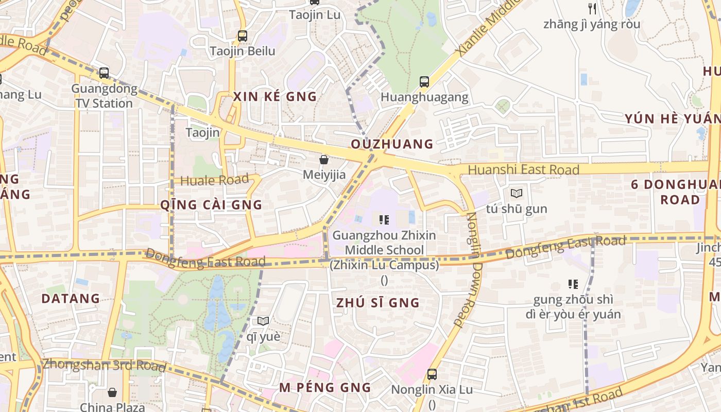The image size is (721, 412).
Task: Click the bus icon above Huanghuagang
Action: coord(424,81)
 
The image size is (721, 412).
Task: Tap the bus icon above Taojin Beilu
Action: coord(243,36)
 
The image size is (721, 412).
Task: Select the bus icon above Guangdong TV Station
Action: coord(104,73)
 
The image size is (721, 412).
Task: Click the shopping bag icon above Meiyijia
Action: coord(324,160)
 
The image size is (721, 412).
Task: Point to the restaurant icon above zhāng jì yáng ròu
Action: coord(592,8)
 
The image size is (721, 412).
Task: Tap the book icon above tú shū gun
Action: coord(516,194)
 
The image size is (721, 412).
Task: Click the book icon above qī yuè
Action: coord(263,321)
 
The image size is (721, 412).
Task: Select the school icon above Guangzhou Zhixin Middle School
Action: coord(384,220)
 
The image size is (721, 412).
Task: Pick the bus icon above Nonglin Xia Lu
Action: coord(432,374)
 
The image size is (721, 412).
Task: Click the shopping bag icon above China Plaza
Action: coord(112,392)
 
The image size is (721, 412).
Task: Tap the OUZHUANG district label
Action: coord(392,144)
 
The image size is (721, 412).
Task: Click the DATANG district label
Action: coord(71,299)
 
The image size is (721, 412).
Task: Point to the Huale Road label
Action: coord(215,180)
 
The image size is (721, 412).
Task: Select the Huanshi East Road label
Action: coord(523,169)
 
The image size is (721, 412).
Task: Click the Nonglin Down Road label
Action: coord(466,269)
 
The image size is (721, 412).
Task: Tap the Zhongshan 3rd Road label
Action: coord(104,365)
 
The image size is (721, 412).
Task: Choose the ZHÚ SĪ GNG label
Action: coord(378,303)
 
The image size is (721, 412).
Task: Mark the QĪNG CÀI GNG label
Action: coord(211,205)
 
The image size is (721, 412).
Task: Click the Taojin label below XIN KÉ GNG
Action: coord(203,133)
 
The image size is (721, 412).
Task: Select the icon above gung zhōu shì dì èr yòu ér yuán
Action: coord(573,284)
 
